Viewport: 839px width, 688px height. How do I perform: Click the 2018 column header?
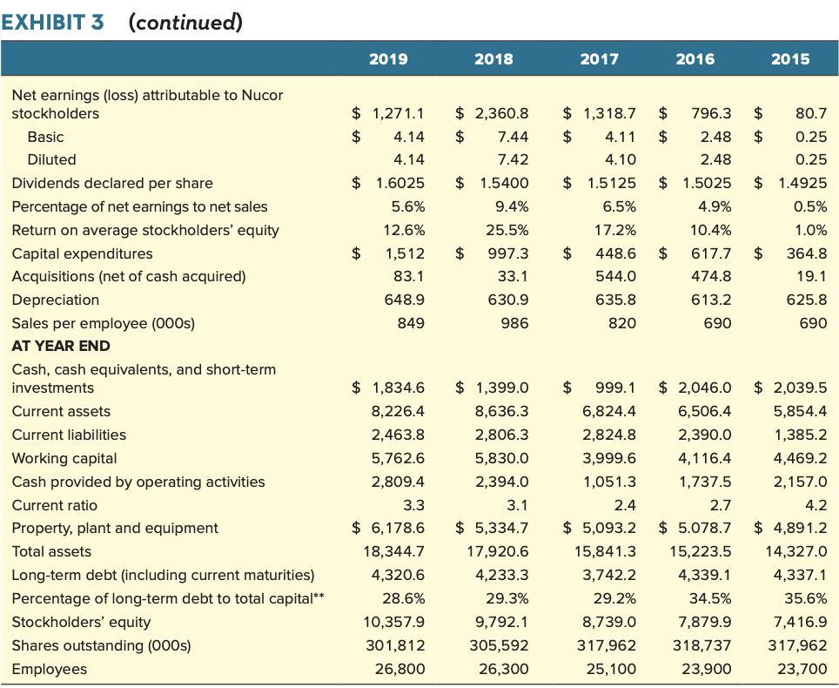coord(493,59)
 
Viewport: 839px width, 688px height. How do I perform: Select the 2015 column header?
coord(789,59)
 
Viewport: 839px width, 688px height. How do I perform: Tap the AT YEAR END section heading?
coord(60,346)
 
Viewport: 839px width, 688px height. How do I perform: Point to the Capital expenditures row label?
coord(82,253)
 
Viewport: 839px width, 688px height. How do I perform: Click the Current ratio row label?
coord(54,505)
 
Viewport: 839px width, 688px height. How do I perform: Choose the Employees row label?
coord(49,669)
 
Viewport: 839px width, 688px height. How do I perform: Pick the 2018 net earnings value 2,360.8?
coord(500,113)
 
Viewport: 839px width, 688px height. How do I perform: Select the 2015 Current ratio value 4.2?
coord(816,505)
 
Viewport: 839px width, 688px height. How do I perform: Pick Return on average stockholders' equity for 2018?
coord(509,230)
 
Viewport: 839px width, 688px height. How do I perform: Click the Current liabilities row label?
coord(69,435)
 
